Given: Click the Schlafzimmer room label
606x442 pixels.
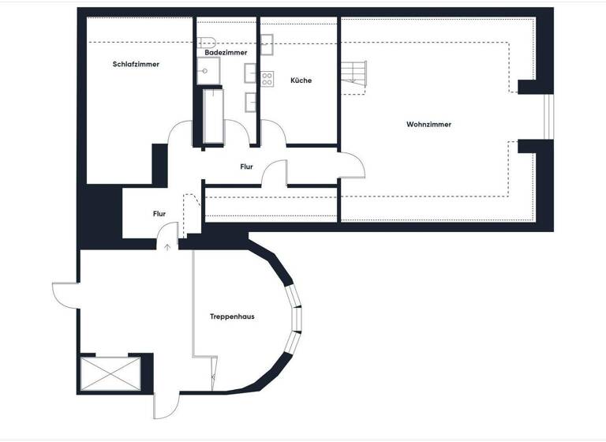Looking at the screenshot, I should tap(137, 64).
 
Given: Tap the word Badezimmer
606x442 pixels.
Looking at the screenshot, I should tap(226, 52).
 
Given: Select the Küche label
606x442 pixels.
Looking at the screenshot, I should tap(301, 81).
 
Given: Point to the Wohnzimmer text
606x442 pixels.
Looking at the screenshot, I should tap(428, 124).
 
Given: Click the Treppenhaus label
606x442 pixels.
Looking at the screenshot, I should tap(232, 317).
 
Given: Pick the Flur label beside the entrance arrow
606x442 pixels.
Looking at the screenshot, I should tap(159, 213).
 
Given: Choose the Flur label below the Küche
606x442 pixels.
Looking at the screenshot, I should tap(246, 167).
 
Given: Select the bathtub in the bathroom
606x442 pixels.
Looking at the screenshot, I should tap(214, 116).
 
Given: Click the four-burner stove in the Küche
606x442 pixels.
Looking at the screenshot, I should tap(267, 78).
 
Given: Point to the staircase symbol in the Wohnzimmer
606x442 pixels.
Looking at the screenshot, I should tap(355, 77).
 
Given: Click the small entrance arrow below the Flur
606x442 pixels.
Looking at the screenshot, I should tap(167, 246).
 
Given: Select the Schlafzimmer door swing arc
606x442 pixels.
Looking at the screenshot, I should tap(180, 131).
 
